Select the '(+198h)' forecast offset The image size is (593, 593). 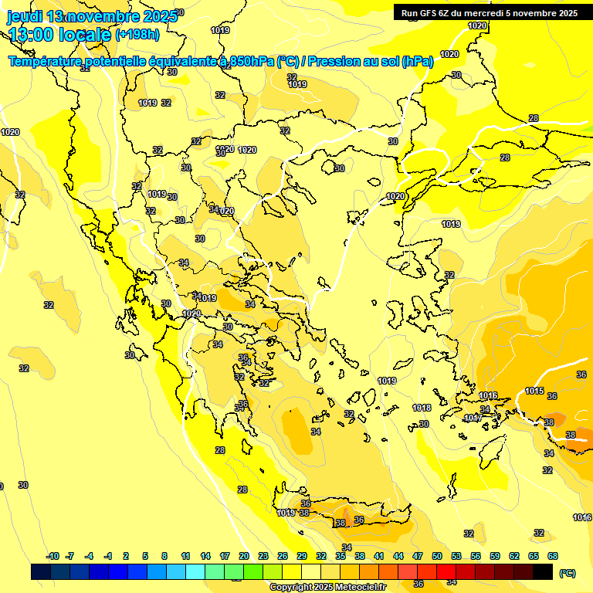pyautogui.click(x=137, y=35)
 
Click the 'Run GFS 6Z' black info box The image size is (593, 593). pyautogui.click(x=489, y=12)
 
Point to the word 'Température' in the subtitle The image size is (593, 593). pyautogui.click(x=46, y=62)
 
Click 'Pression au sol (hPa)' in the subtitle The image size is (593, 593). pyautogui.click(x=370, y=62)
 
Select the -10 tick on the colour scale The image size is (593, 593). pyautogui.click(x=53, y=557)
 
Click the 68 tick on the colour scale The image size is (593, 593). pyautogui.click(x=553, y=557)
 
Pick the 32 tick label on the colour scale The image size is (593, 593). pyautogui.click(x=321, y=557)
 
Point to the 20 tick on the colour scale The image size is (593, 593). pyautogui.click(x=244, y=557)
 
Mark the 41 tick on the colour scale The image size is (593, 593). pyautogui.click(x=379, y=557)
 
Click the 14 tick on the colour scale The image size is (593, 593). pyautogui.click(x=205, y=557)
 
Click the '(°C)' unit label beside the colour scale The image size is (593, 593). pyautogui.click(x=567, y=573)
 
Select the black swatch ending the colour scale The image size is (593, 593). pyautogui.click(x=543, y=572)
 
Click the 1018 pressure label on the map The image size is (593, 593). pyautogui.click(x=422, y=408)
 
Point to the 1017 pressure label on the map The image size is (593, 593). pyautogui.click(x=473, y=418)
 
